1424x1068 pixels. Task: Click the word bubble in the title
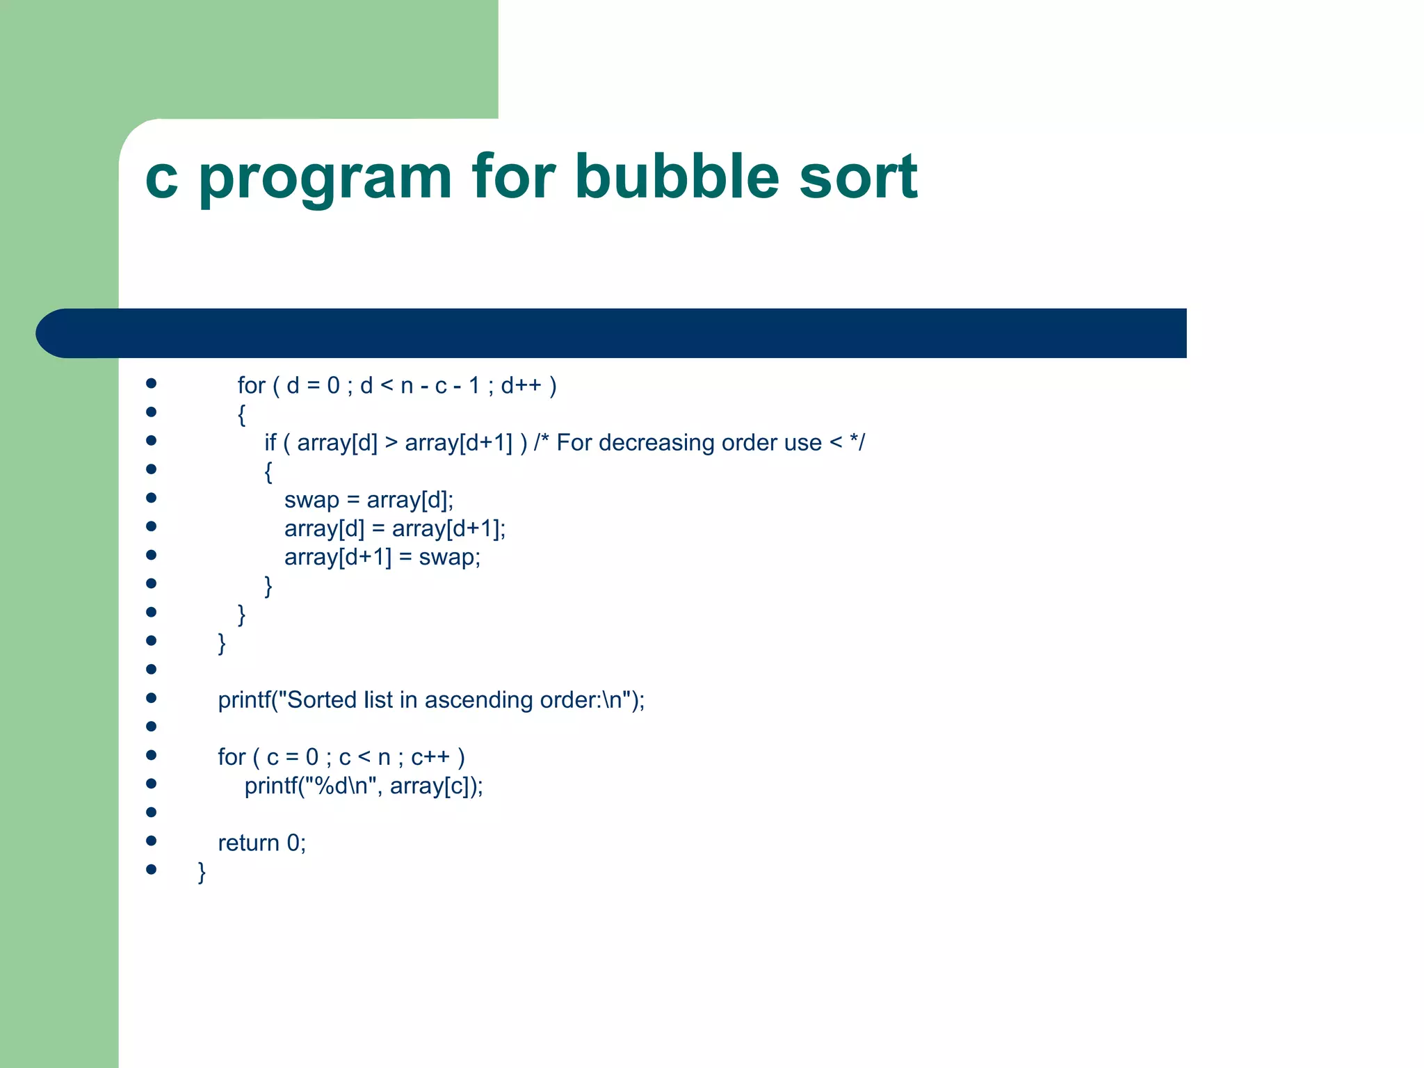pos(676,177)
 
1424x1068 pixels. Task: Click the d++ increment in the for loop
pos(521,385)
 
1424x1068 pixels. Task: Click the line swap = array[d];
pos(369,500)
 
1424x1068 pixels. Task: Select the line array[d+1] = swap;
pos(382,558)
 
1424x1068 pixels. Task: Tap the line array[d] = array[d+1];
pos(394,529)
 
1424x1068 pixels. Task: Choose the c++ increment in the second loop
pos(430,757)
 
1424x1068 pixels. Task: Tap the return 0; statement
pos(261,843)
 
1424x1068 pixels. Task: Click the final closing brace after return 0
pos(202,872)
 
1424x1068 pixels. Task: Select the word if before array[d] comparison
pos(270,443)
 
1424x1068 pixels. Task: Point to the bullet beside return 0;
pos(151,841)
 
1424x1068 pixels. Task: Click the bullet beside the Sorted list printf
pos(151,697)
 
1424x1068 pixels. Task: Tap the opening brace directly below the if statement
pos(268,472)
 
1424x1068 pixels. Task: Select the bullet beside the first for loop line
pos(151,383)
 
